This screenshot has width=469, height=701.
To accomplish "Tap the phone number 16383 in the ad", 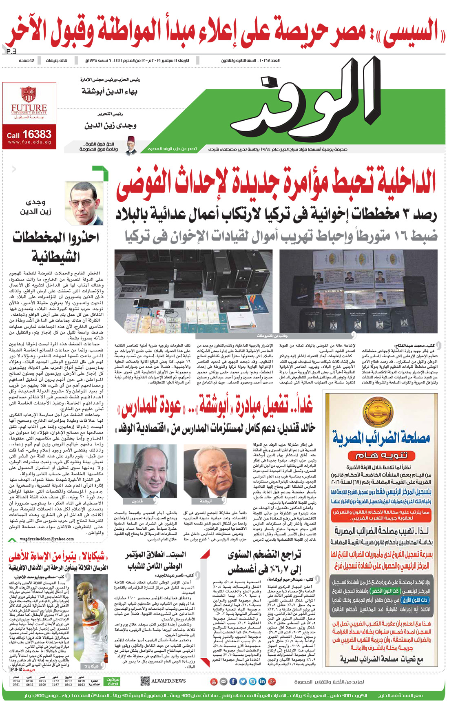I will (37, 134).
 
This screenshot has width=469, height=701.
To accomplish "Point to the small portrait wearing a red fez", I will (131, 146).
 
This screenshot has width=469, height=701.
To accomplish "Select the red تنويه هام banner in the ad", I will (381, 456).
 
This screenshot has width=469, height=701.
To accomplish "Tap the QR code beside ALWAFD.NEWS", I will (144, 681).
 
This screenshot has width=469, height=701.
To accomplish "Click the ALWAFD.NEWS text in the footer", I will (168, 681).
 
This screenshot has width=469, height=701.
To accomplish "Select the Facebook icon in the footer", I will (233, 681).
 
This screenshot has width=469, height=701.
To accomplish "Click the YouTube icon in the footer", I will (213, 681).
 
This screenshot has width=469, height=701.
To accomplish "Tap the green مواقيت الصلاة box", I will (113, 681).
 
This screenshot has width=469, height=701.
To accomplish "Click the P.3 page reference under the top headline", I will (11, 51).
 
